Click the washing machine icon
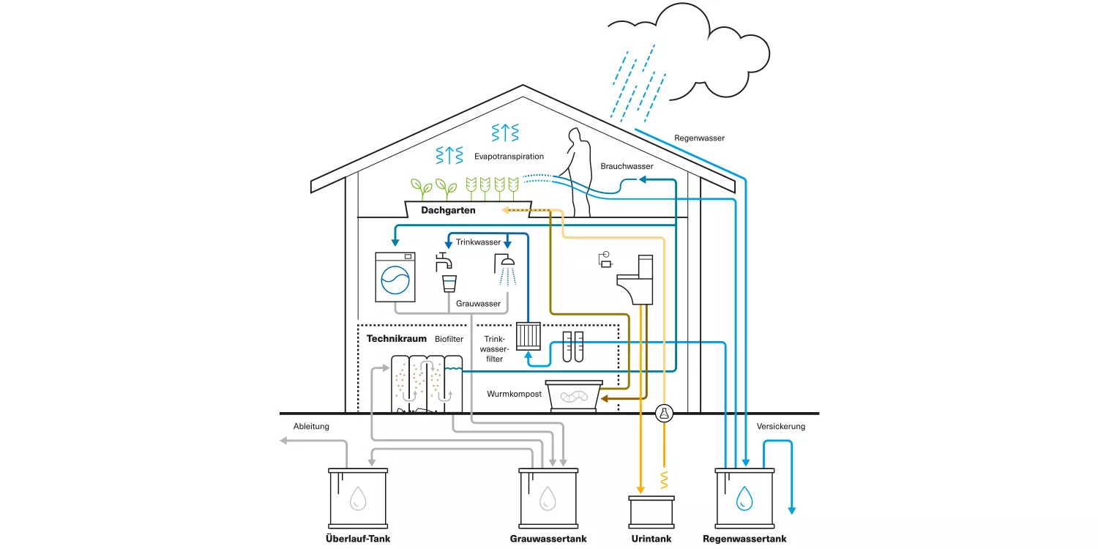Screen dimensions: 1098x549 coord(395,277)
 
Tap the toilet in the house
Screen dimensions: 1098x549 coord(636,280)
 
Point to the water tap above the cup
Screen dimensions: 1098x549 coord(444,262)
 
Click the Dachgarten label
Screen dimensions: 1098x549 coord(448,210)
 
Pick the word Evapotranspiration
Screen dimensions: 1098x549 coord(509,157)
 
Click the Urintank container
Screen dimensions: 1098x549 coord(651,512)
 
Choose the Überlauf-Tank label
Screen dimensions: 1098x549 coord(358,539)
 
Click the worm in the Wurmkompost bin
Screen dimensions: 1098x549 coord(573,396)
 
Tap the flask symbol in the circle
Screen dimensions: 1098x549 coord(664,414)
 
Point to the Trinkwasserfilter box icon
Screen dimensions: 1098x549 coord(528,336)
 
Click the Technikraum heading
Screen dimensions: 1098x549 coord(397,339)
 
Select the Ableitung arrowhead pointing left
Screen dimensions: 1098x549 coord(283,441)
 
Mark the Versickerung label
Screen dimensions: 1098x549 coord(781,427)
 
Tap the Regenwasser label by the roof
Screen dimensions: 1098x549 coord(699,138)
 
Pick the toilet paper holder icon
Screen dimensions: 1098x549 coord(605,260)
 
